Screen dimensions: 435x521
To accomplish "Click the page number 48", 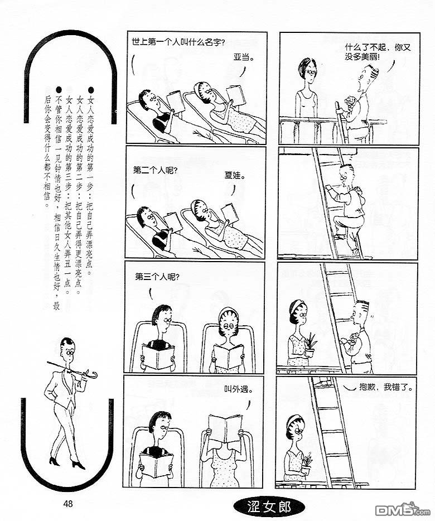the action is (67, 503).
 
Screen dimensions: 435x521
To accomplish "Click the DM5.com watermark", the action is (402, 509).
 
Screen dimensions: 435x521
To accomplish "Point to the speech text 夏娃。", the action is (235, 175).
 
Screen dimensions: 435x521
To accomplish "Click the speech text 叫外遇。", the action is (238, 389).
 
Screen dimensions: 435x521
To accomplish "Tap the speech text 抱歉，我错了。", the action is (386, 387).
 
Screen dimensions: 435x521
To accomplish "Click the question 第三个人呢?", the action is (157, 277).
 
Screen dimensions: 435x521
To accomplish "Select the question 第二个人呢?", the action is (155, 171).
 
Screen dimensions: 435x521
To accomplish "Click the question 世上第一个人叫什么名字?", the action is (178, 42).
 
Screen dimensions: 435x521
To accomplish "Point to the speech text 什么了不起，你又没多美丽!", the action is (378, 52).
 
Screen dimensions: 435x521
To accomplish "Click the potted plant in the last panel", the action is (306, 464).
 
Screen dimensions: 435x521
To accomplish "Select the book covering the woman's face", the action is (225, 428).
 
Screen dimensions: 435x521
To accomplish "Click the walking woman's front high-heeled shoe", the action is (79, 464).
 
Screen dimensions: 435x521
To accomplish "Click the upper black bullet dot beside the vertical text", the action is (91, 90).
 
